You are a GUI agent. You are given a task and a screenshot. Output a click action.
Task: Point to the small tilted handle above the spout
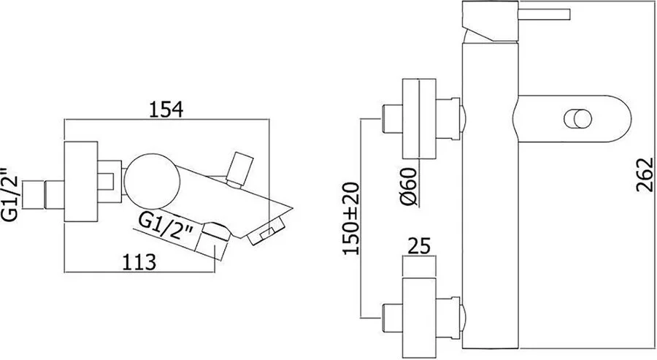[x=239, y=167]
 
